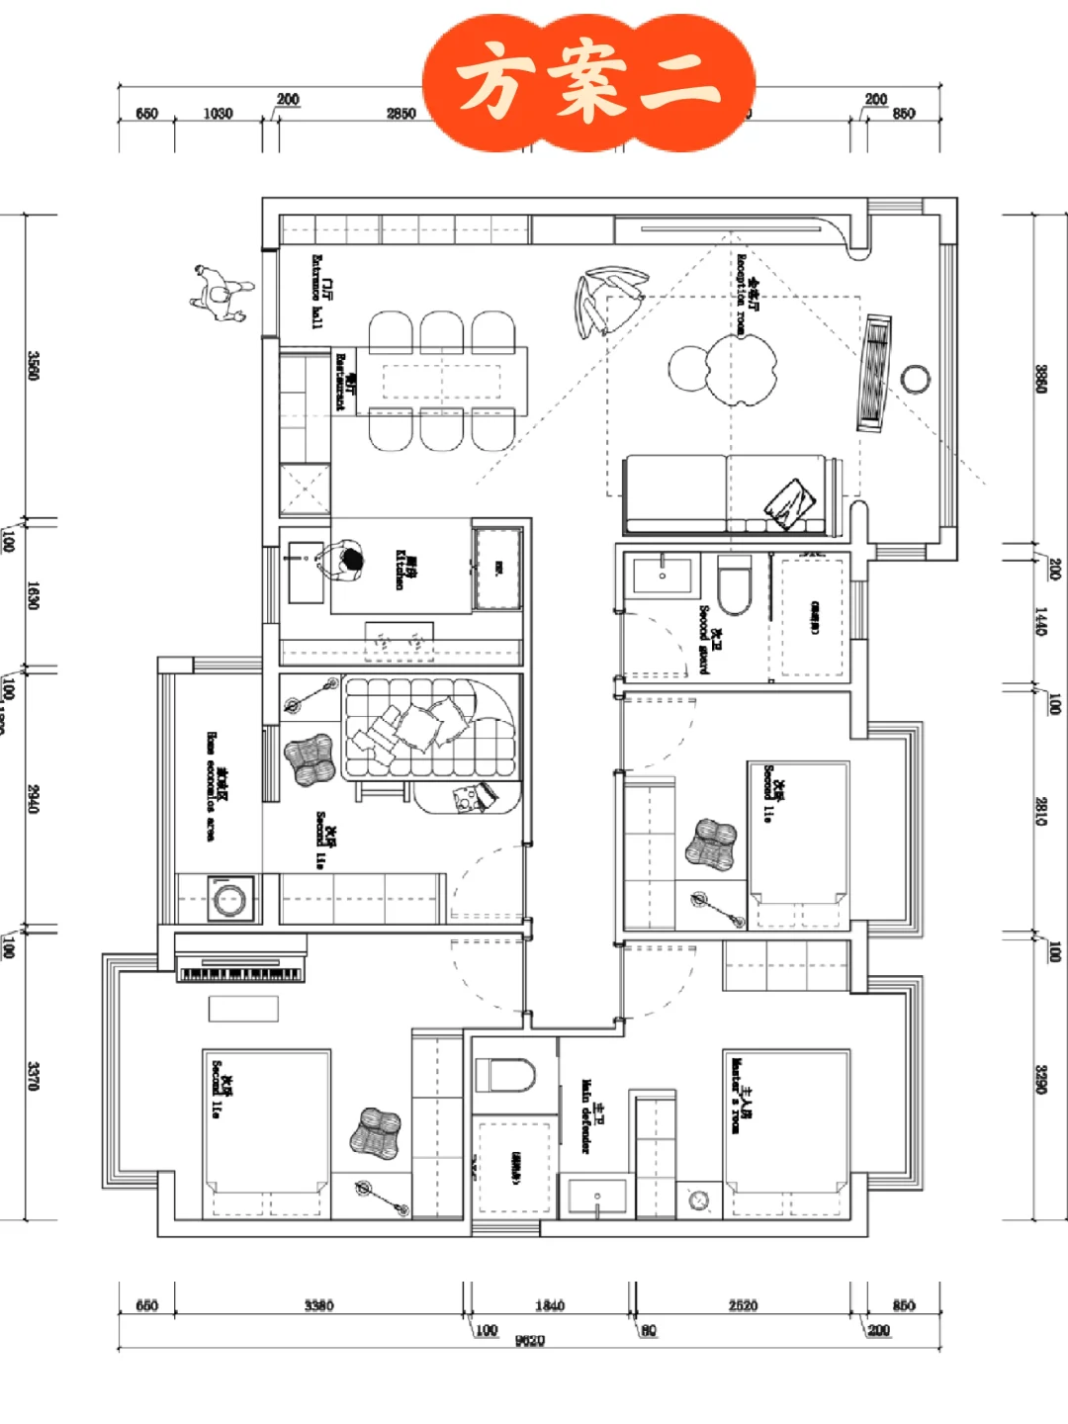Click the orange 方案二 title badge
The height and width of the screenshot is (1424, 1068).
point(589,83)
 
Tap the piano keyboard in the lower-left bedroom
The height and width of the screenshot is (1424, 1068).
point(240,973)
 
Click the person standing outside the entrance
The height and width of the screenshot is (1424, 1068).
point(221,291)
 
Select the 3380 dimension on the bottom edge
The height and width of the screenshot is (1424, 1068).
point(318,1305)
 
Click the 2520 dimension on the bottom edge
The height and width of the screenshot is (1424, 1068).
point(743,1305)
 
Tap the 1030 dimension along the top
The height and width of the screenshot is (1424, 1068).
point(218,114)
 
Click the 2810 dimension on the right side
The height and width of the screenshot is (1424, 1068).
point(1041,811)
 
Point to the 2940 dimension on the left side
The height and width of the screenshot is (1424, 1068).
point(34,799)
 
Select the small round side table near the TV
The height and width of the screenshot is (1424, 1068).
point(915,379)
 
